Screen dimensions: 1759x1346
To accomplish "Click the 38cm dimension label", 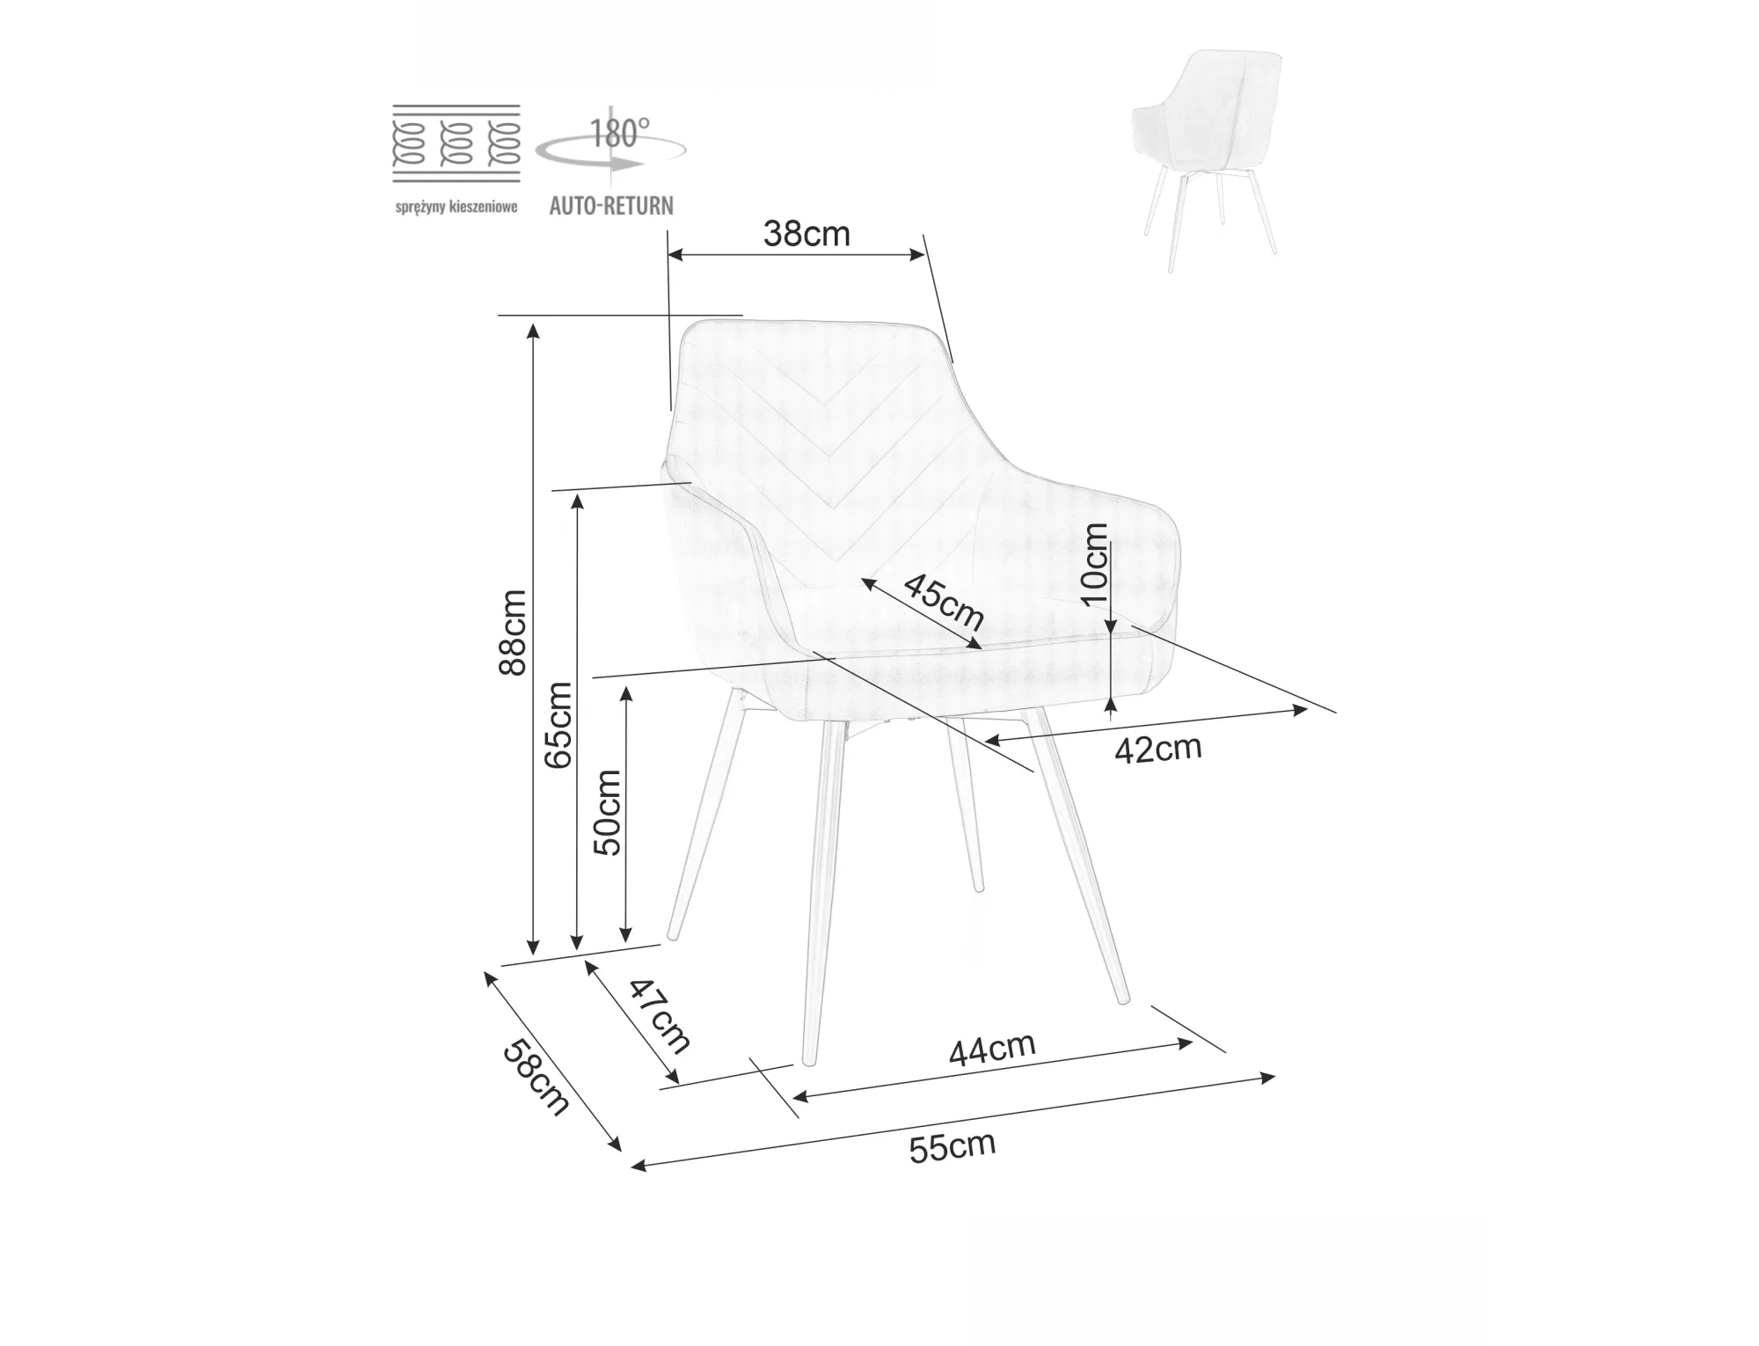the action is point(807,234).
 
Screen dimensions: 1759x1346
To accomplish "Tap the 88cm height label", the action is point(512,633).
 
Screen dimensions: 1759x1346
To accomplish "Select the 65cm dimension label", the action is point(558,726).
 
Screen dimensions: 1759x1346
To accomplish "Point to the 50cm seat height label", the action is point(608,813).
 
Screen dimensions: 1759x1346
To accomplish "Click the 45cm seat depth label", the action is point(944,602).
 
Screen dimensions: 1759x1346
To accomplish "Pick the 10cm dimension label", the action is point(1095,563).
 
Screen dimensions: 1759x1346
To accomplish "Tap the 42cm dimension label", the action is point(1157,749).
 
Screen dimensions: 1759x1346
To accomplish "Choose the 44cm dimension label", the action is point(992,1049).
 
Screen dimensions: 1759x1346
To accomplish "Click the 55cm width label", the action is point(952,1147).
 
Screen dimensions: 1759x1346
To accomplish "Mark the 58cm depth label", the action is point(536,1078).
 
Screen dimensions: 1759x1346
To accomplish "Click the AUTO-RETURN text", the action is point(611,206).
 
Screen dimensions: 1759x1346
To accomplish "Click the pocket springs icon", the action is point(456,143).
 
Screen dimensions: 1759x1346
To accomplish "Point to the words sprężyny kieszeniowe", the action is point(456,208).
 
